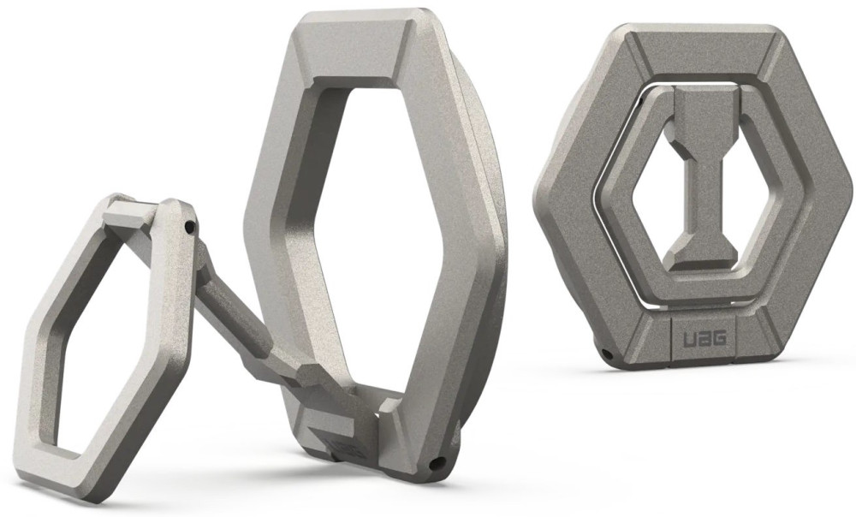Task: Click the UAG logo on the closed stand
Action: pyautogui.click(x=704, y=339)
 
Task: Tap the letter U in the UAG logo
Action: pyautogui.click(x=689, y=339)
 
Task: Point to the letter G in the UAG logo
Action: pyautogui.click(x=719, y=339)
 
